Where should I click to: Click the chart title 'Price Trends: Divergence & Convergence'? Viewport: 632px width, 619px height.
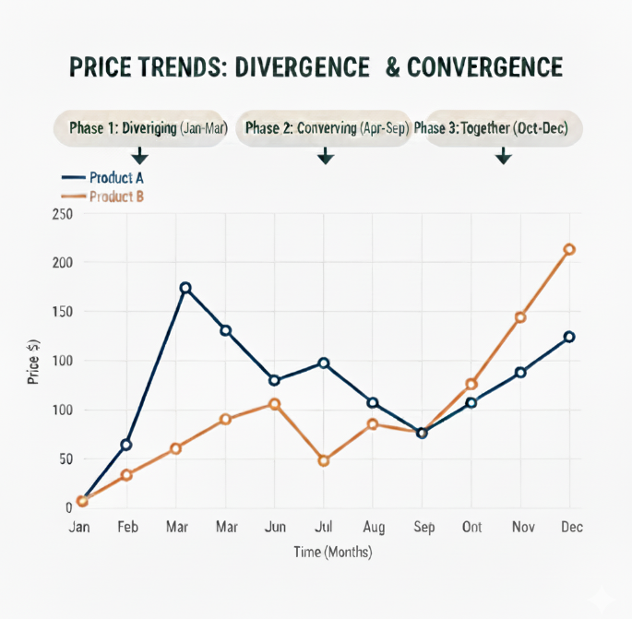pos(316,67)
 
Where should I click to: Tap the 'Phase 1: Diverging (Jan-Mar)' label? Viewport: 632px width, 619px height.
pos(148,128)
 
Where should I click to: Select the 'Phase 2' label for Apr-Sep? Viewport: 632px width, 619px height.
pos(327,128)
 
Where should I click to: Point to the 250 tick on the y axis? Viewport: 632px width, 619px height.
pos(62,214)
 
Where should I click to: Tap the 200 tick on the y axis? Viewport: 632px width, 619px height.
pos(62,263)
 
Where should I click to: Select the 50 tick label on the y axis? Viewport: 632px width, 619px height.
pos(65,458)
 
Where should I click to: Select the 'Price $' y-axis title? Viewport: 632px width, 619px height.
pos(33,362)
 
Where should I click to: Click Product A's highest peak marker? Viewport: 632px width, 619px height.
pos(185,288)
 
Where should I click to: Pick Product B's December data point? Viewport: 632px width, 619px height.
pos(569,249)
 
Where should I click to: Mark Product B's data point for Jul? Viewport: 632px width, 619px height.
pos(324,460)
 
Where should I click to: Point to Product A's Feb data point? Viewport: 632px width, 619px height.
pos(126,445)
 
